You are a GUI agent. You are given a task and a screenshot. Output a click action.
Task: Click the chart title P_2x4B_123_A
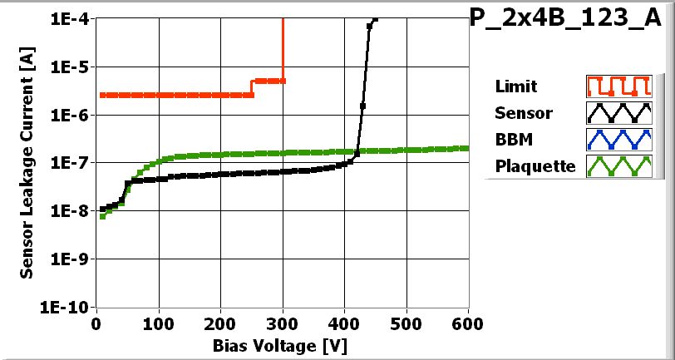(x=571, y=19)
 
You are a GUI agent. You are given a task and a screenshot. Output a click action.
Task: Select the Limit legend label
(x=515, y=86)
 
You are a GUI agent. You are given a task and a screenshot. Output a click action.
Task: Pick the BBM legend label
(x=512, y=139)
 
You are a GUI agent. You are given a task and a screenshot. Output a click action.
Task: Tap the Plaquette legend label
(x=535, y=166)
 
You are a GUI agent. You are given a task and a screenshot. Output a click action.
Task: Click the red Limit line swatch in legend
(x=617, y=86)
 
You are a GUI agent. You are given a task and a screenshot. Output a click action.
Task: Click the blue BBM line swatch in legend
(x=617, y=139)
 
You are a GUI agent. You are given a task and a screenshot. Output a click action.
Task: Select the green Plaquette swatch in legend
(x=617, y=165)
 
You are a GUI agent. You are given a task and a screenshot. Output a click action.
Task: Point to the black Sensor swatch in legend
(x=617, y=112)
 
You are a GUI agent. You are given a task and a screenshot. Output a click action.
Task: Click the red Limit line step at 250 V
(x=252, y=88)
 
